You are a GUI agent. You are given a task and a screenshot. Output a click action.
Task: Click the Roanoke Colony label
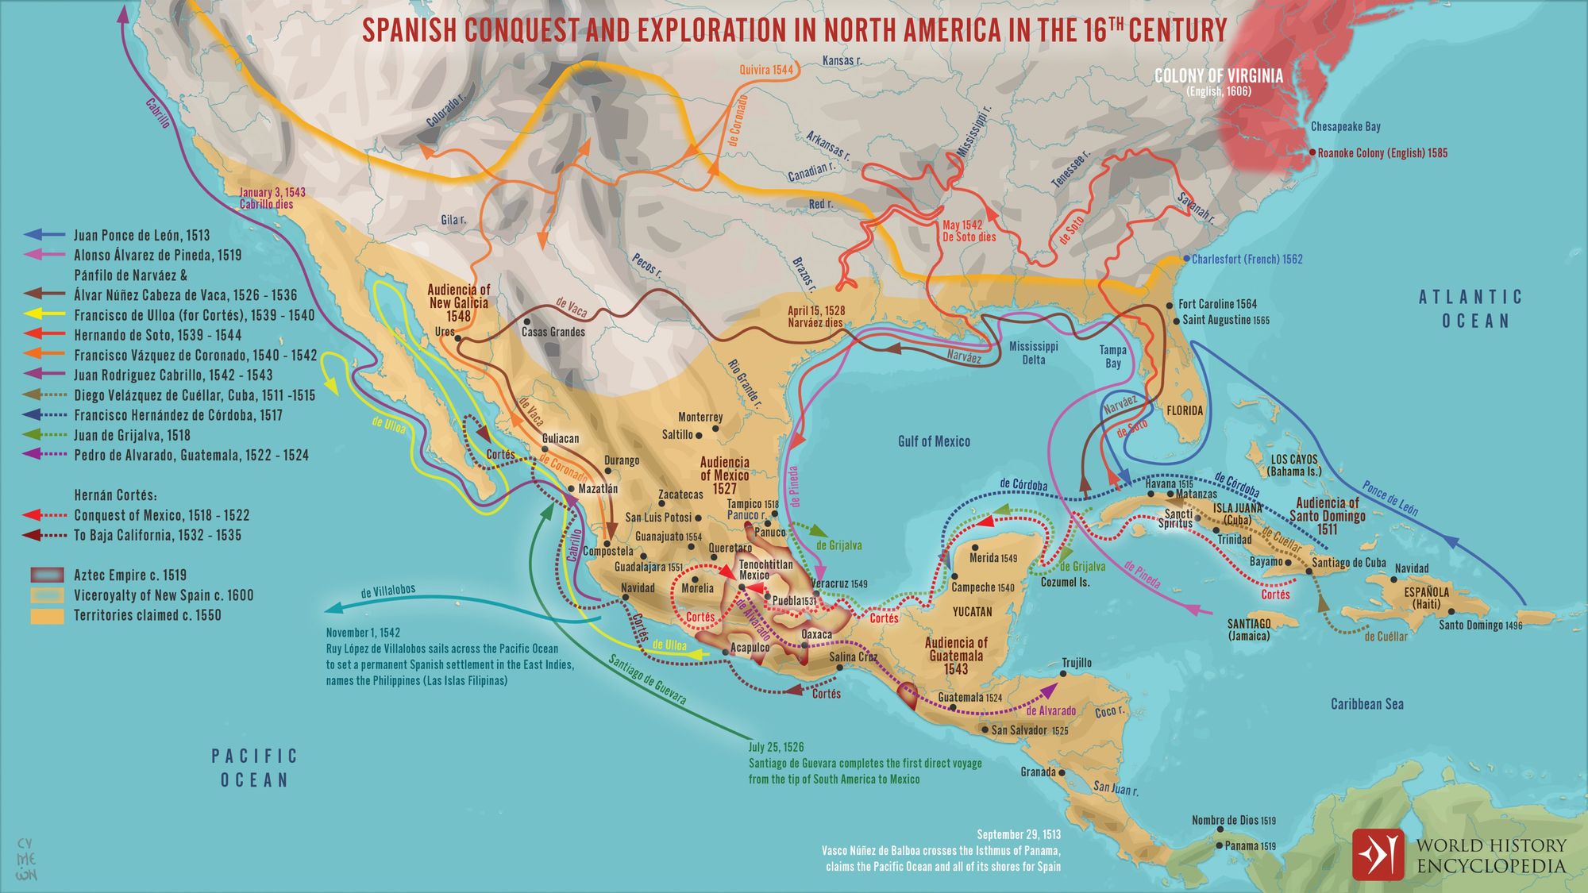click(x=1382, y=153)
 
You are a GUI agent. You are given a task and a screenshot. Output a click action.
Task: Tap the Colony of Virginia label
click(x=1218, y=76)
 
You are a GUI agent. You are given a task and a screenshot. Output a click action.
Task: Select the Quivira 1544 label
click(x=766, y=70)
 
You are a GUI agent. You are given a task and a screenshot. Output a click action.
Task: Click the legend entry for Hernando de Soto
click(x=157, y=335)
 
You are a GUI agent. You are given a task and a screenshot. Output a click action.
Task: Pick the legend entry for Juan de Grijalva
click(x=132, y=435)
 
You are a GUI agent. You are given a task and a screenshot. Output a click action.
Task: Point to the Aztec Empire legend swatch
click(x=47, y=575)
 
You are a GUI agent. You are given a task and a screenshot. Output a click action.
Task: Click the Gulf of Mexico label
click(x=934, y=441)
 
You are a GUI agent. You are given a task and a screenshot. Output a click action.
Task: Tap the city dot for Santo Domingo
click(x=1451, y=611)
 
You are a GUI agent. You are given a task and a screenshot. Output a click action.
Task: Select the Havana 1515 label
click(x=1169, y=484)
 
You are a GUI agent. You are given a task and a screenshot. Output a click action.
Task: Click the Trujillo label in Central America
click(x=1077, y=663)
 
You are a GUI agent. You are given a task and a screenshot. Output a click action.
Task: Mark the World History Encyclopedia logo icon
click(x=1378, y=855)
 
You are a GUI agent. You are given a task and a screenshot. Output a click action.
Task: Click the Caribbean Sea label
click(x=1367, y=704)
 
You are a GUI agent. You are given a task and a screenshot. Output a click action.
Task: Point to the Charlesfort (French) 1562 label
click(x=1247, y=260)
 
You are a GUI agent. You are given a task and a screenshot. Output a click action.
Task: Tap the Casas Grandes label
click(x=553, y=332)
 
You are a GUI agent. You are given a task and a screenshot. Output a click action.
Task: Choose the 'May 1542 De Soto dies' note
click(x=969, y=231)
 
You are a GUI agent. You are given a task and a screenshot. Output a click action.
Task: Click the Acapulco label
click(x=750, y=648)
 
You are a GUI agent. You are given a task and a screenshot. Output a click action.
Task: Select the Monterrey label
click(x=700, y=417)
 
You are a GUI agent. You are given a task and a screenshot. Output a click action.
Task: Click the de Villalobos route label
click(x=387, y=592)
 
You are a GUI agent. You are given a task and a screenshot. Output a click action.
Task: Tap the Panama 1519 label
click(x=1250, y=846)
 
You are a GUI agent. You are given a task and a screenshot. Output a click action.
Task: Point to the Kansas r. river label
click(x=842, y=60)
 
